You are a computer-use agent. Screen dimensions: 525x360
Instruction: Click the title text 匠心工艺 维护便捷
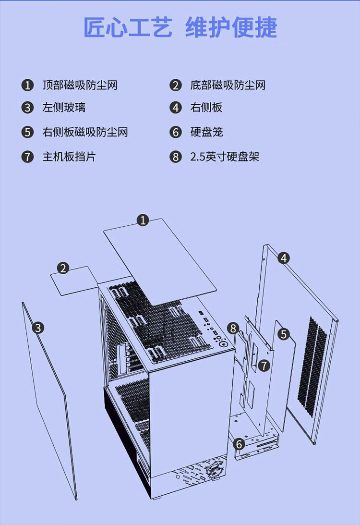[180, 28]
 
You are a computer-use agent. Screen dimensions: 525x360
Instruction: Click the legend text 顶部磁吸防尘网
[80, 85]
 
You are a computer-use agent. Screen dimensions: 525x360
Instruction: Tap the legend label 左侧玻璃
[64, 107]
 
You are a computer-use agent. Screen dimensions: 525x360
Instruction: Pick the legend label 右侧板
[206, 107]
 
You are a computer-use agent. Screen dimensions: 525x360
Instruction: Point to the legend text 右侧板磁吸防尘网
[85, 132]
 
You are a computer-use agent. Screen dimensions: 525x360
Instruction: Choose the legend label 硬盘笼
[206, 132]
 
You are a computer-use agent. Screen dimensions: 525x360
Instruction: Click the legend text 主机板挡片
[69, 157]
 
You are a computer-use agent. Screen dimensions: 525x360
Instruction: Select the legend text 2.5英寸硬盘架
[225, 157]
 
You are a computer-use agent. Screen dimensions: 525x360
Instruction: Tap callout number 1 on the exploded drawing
[143, 220]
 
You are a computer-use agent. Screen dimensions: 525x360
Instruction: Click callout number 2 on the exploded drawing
[63, 268]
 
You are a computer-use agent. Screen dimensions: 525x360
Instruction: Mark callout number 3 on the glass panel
[38, 328]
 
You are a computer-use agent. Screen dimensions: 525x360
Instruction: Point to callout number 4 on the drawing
[284, 258]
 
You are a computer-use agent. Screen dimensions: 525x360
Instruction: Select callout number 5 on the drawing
[284, 334]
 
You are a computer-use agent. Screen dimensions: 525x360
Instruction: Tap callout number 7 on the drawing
[263, 365]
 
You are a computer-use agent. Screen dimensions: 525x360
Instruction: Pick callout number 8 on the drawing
[233, 329]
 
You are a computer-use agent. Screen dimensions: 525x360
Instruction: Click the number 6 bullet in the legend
[176, 132]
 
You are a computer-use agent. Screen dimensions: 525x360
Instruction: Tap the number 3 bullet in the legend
[27, 107]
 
